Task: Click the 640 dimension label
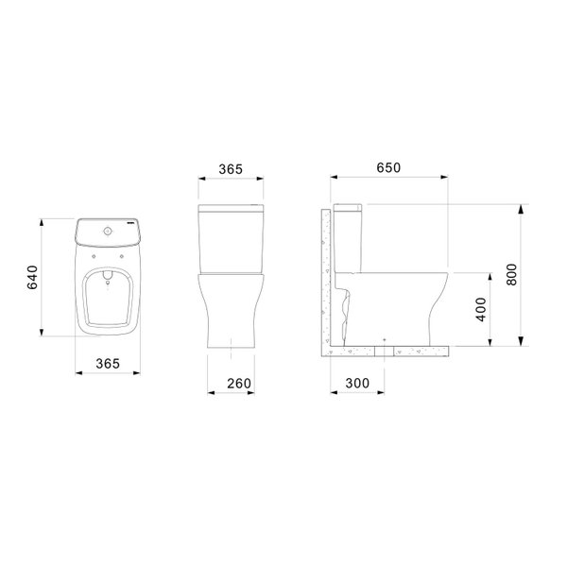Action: (32, 277)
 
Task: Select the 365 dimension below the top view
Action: (108, 364)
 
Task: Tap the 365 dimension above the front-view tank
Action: (231, 169)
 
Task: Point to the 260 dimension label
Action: (239, 384)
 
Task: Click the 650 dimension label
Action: (388, 167)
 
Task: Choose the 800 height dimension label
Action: (512, 275)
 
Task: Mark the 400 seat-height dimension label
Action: (481, 310)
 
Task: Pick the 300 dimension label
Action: (357, 384)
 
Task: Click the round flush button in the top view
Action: (108, 231)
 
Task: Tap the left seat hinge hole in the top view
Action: (94, 256)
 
